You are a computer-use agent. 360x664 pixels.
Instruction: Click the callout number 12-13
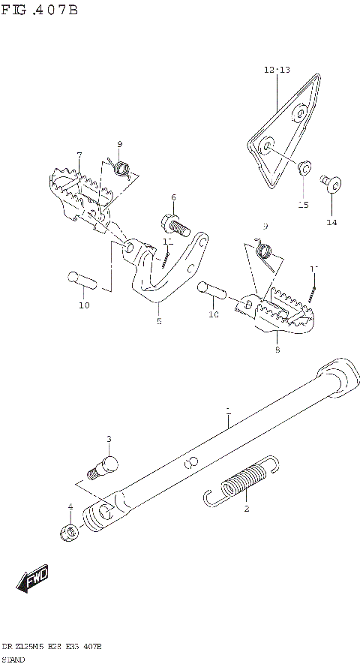pos(276,70)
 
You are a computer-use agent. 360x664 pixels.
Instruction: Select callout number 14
pos(331,222)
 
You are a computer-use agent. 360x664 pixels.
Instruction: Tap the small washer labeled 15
pos(304,167)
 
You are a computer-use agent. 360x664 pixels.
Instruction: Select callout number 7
pos(79,155)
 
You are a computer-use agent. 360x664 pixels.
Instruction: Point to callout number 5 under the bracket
pos(158,320)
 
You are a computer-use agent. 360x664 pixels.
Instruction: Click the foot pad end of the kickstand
pos(335,375)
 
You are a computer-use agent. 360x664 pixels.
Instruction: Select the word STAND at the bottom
pos(14,657)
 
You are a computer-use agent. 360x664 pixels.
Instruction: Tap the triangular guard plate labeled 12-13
pos(285,128)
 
